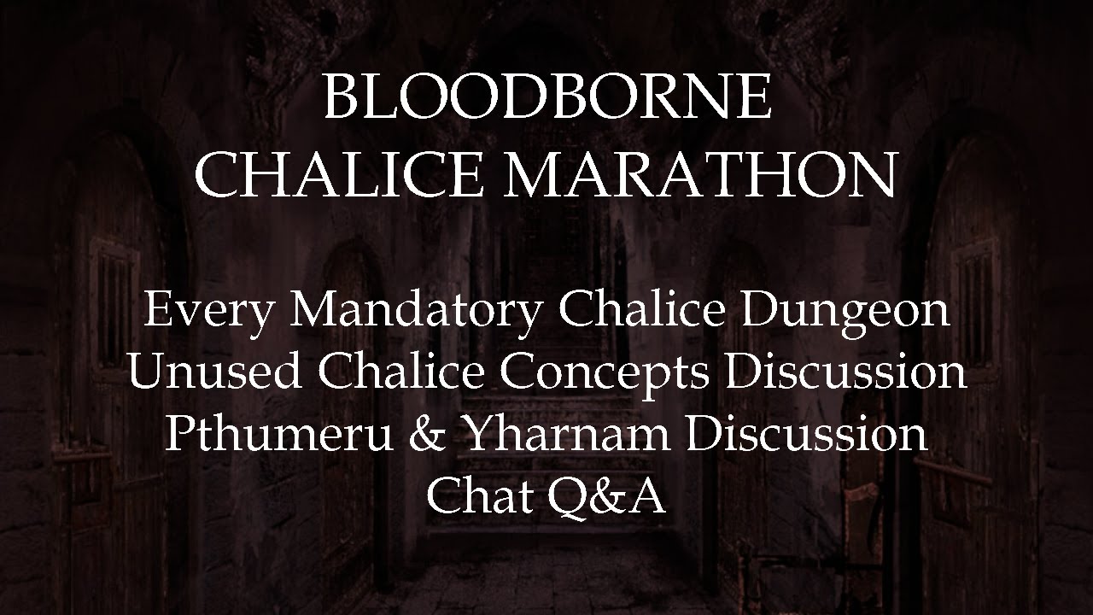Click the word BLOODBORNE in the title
pyautogui.click(x=547, y=97)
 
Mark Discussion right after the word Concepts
pyautogui.click(x=845, y=371)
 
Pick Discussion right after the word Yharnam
pyautogui.click(x=806, y=434)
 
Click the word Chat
pyautogui.click(x=478, y=495)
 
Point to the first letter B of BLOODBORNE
pyautogui.click(x=342, y=97)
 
